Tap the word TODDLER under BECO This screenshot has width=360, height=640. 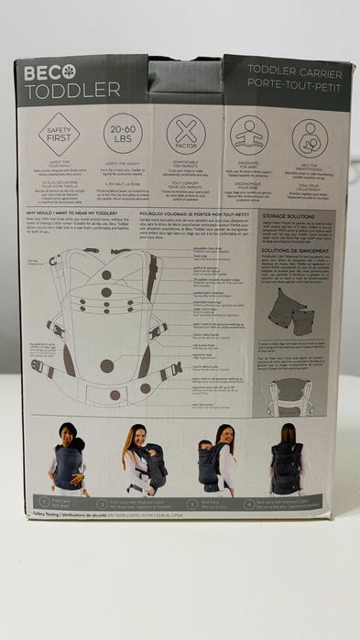click(72, 90)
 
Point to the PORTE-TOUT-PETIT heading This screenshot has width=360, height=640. click(281, 82)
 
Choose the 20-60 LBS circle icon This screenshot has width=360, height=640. click(123, 134)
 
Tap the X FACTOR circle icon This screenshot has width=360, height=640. click(186, 135)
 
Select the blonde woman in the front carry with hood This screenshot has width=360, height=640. click(143, 460)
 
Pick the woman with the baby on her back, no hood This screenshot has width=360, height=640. click(216, 460)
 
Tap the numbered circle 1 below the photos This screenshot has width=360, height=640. click(42, 501)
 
